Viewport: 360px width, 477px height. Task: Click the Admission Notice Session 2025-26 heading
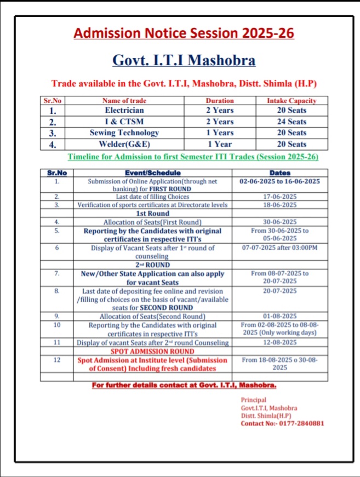184,33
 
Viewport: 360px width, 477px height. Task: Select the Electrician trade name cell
124,110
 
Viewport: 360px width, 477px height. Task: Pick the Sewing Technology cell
124,133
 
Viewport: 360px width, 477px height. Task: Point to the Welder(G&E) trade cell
124,145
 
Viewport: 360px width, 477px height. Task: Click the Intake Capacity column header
292,101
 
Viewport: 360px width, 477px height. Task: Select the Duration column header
219,101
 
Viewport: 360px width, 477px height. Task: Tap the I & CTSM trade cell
124,122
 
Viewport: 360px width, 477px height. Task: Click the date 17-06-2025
279,197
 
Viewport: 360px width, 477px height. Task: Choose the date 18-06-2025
279,205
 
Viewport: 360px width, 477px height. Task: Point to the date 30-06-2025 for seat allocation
279,222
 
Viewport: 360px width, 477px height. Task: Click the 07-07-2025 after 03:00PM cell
279,248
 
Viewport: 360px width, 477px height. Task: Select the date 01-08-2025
279,316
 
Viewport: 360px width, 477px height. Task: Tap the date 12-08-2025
279,342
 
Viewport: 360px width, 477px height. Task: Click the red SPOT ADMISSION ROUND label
152,351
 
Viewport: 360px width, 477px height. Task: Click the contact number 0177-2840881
295,423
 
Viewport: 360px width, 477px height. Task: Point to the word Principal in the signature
253,400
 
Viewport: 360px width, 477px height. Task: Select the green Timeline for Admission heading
192,157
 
